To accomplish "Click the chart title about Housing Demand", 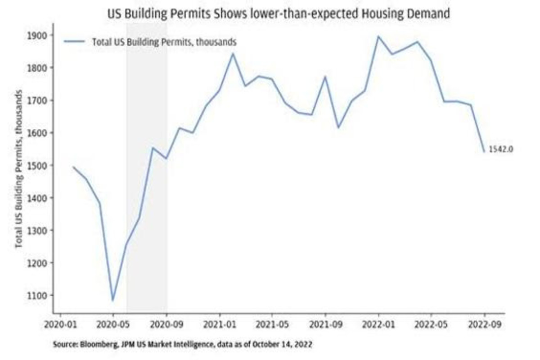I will click(278, 14).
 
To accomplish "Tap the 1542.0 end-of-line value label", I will click(501, 149).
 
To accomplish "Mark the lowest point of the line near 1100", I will click(112, 301).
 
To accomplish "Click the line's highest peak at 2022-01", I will click(378, 36).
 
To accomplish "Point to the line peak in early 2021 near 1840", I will click(233, 54).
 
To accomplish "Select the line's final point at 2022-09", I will click(484, 152).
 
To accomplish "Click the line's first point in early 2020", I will click(73, 167).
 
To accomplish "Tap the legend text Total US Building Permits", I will click(164, 42).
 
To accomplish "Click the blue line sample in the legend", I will click(74, 42).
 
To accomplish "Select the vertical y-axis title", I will click(19, 169).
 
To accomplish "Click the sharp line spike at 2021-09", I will click(325, 77).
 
